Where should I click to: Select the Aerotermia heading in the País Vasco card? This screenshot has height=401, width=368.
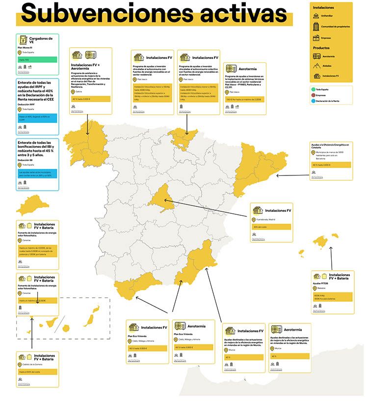click(250, 70)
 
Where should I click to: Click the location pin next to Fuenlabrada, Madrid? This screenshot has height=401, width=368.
click(254, 220)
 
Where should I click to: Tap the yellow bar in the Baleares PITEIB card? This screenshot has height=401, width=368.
click(333, 297)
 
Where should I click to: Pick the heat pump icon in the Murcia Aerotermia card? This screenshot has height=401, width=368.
click(277, 330)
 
